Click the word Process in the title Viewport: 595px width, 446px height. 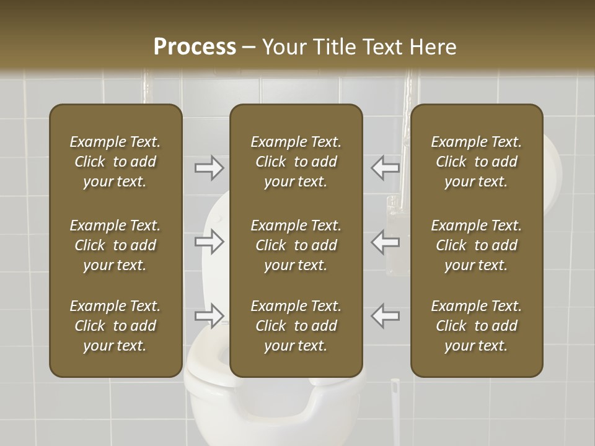(195, 47)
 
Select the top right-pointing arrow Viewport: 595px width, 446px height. (209, 168)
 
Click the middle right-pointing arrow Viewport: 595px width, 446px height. (209, 242)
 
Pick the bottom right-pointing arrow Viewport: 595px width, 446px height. (209, 316)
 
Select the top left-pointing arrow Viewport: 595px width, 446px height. (386, 168)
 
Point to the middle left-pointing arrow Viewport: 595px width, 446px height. (386, 242)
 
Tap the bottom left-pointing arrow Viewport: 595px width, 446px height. (386, 316)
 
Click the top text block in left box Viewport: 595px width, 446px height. (115, 162)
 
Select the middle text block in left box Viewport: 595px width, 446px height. (115, 245)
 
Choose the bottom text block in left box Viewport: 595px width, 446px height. (115, 326)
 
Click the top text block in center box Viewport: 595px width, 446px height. (296, 162)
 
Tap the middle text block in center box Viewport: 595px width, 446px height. (296, 245)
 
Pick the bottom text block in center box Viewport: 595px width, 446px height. (296, 326)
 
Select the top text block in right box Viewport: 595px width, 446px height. (476, 162)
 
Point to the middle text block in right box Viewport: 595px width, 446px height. (476, 245)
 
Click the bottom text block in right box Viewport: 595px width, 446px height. (476, 326)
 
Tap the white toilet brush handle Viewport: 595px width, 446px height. (394, 415)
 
